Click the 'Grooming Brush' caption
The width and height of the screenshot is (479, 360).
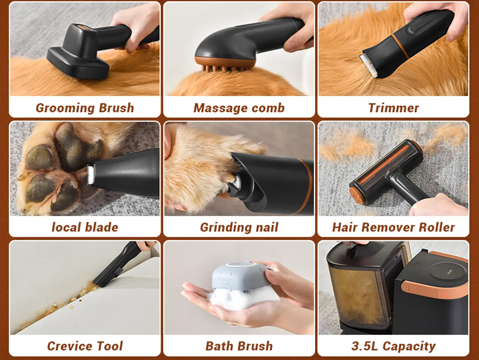85,108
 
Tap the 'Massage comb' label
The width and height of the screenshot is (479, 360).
239,108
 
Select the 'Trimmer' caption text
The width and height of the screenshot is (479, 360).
393,108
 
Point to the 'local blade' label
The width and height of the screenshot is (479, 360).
85,227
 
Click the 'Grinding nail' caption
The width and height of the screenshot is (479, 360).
239,227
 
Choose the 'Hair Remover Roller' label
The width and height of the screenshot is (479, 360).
393,227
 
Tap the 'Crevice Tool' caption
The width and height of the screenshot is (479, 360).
85,346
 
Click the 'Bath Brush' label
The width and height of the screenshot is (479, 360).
239,346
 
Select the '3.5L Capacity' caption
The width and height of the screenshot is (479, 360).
393,346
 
